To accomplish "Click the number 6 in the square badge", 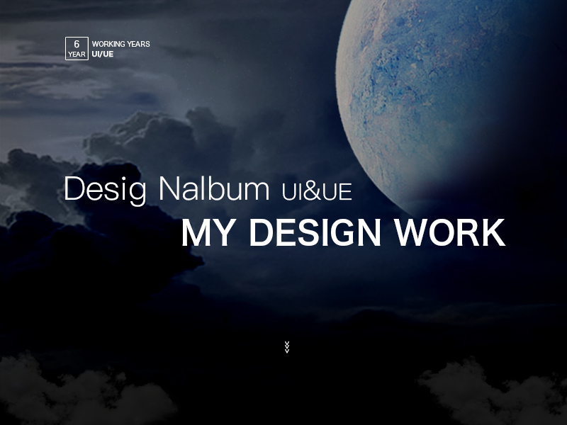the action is click(x=77, y=44).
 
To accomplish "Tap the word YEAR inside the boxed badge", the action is click(x=77, y=55).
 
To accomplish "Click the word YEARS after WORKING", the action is click(x=138, y=44).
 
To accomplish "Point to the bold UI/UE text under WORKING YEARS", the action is click(x=103, y=54).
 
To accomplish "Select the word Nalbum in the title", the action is click(x=214, y=188).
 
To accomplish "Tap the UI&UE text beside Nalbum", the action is click(x=317, y=192).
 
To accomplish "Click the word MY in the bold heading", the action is click(x=206, y=232).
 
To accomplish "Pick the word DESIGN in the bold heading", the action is click(x=315, y=232).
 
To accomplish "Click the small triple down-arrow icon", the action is click(x=287, y=347).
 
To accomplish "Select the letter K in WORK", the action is click(x=492, y=232).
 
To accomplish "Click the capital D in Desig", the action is click(x=75, y=188).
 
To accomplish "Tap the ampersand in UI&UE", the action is click(x=312, y=192).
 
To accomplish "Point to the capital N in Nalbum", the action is click(x=169, y=188).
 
